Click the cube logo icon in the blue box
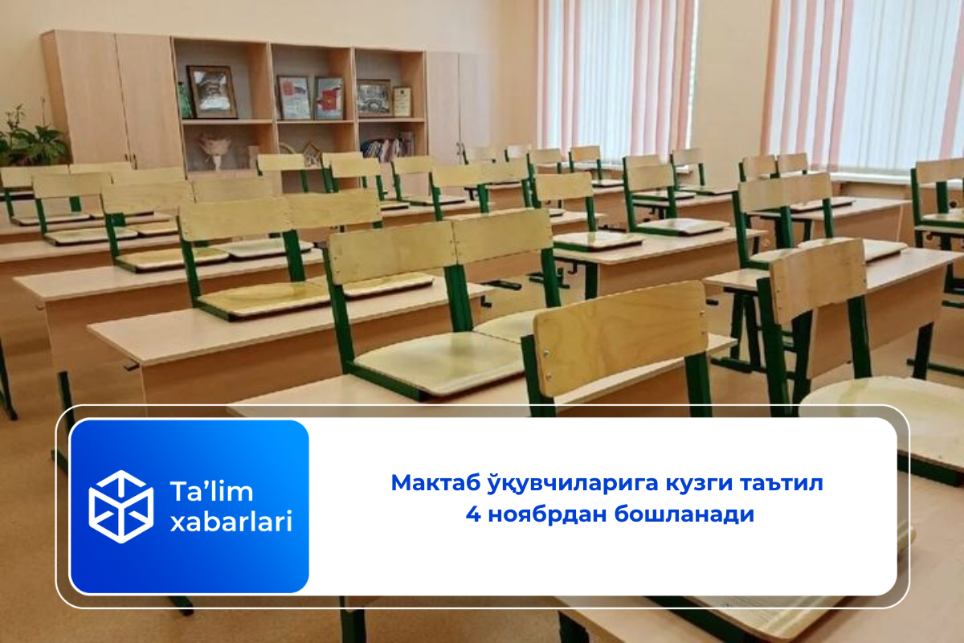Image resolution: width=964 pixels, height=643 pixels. (x=121, y=506)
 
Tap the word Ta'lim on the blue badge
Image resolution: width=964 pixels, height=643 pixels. (x=211, y=491)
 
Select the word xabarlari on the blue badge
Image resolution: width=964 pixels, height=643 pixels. (x=231, y=522)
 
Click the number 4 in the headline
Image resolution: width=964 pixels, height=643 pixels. (x=473, y=514)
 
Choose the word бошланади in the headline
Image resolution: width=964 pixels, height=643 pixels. (x=684, y=514)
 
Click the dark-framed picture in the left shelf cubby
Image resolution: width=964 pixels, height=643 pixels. (x=212, y=92)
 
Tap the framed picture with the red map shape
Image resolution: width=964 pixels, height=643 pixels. (x=329, y=99)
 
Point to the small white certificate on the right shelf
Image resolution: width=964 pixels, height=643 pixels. (x=402, y=101)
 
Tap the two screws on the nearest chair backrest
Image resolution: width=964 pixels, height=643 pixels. (x=547, y=366)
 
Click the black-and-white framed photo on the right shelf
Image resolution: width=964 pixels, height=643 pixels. (x=374, y=98)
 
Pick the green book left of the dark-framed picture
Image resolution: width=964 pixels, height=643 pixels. (x=184, y=101)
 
